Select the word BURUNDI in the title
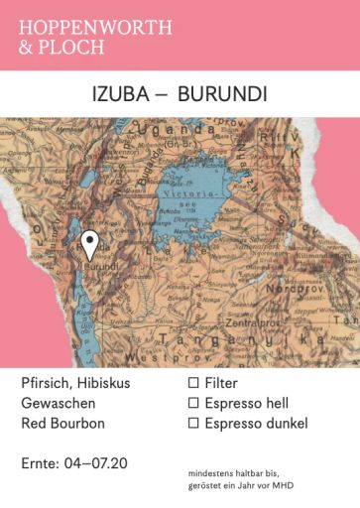[x=225, y=96]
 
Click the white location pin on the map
[x=90, y=243]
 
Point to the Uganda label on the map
[x=164, y=137]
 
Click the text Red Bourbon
[x=64, y=424]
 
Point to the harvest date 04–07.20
[x=96, y=463]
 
